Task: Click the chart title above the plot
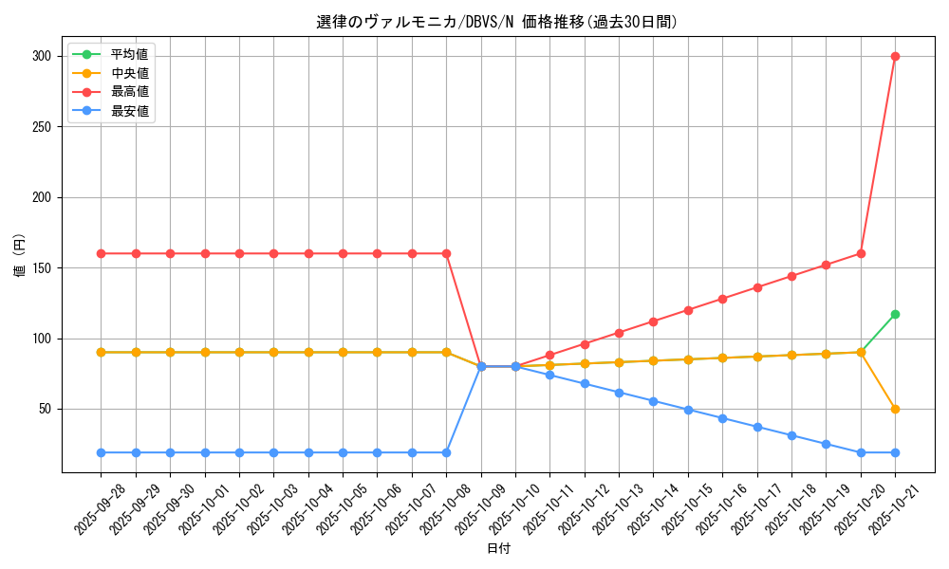[x=497, y=22]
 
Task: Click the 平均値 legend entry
[x=129, y=54]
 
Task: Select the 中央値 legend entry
[x=129, y=73]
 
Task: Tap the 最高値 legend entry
[x=129, y=92]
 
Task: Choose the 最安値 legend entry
[x=129, y=111]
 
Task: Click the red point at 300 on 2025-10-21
[x=895, y=56]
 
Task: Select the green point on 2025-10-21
[x=895, y=314]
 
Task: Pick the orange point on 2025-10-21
[x=895, y=409]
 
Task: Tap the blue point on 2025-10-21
[x=895, y=452]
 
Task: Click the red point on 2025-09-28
[x=101, y=253]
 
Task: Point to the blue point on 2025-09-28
[x=101, y=452]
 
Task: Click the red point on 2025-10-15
[x=688, y=310]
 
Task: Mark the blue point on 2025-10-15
[x=688, y=410]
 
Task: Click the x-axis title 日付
[x=498, y=549]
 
